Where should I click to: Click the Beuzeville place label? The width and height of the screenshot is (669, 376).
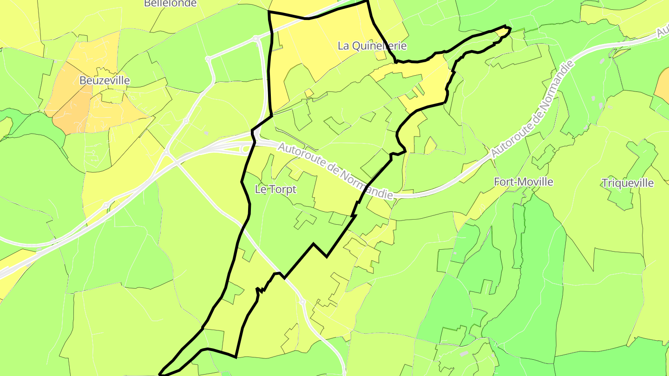[105, 80]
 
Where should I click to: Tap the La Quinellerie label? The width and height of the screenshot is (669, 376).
[372, 45]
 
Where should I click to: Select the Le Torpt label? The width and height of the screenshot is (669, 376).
[275, 189]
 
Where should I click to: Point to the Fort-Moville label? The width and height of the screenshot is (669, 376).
[524, 182]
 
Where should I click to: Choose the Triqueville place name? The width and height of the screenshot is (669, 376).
[627, 183]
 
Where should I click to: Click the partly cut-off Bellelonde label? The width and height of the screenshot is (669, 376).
[171, 3]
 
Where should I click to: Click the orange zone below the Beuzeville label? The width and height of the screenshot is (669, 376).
[70, 111]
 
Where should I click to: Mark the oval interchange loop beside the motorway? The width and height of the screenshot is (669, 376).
[244, 149]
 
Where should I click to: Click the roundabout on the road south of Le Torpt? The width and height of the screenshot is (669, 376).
[302, 302]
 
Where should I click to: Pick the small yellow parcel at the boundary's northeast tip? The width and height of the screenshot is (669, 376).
[503, 32]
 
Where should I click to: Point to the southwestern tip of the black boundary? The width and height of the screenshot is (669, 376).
[161, 374]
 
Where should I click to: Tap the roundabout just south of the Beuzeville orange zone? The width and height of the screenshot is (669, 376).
[186, 121]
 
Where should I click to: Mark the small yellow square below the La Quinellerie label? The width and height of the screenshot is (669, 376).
[380, 56]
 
